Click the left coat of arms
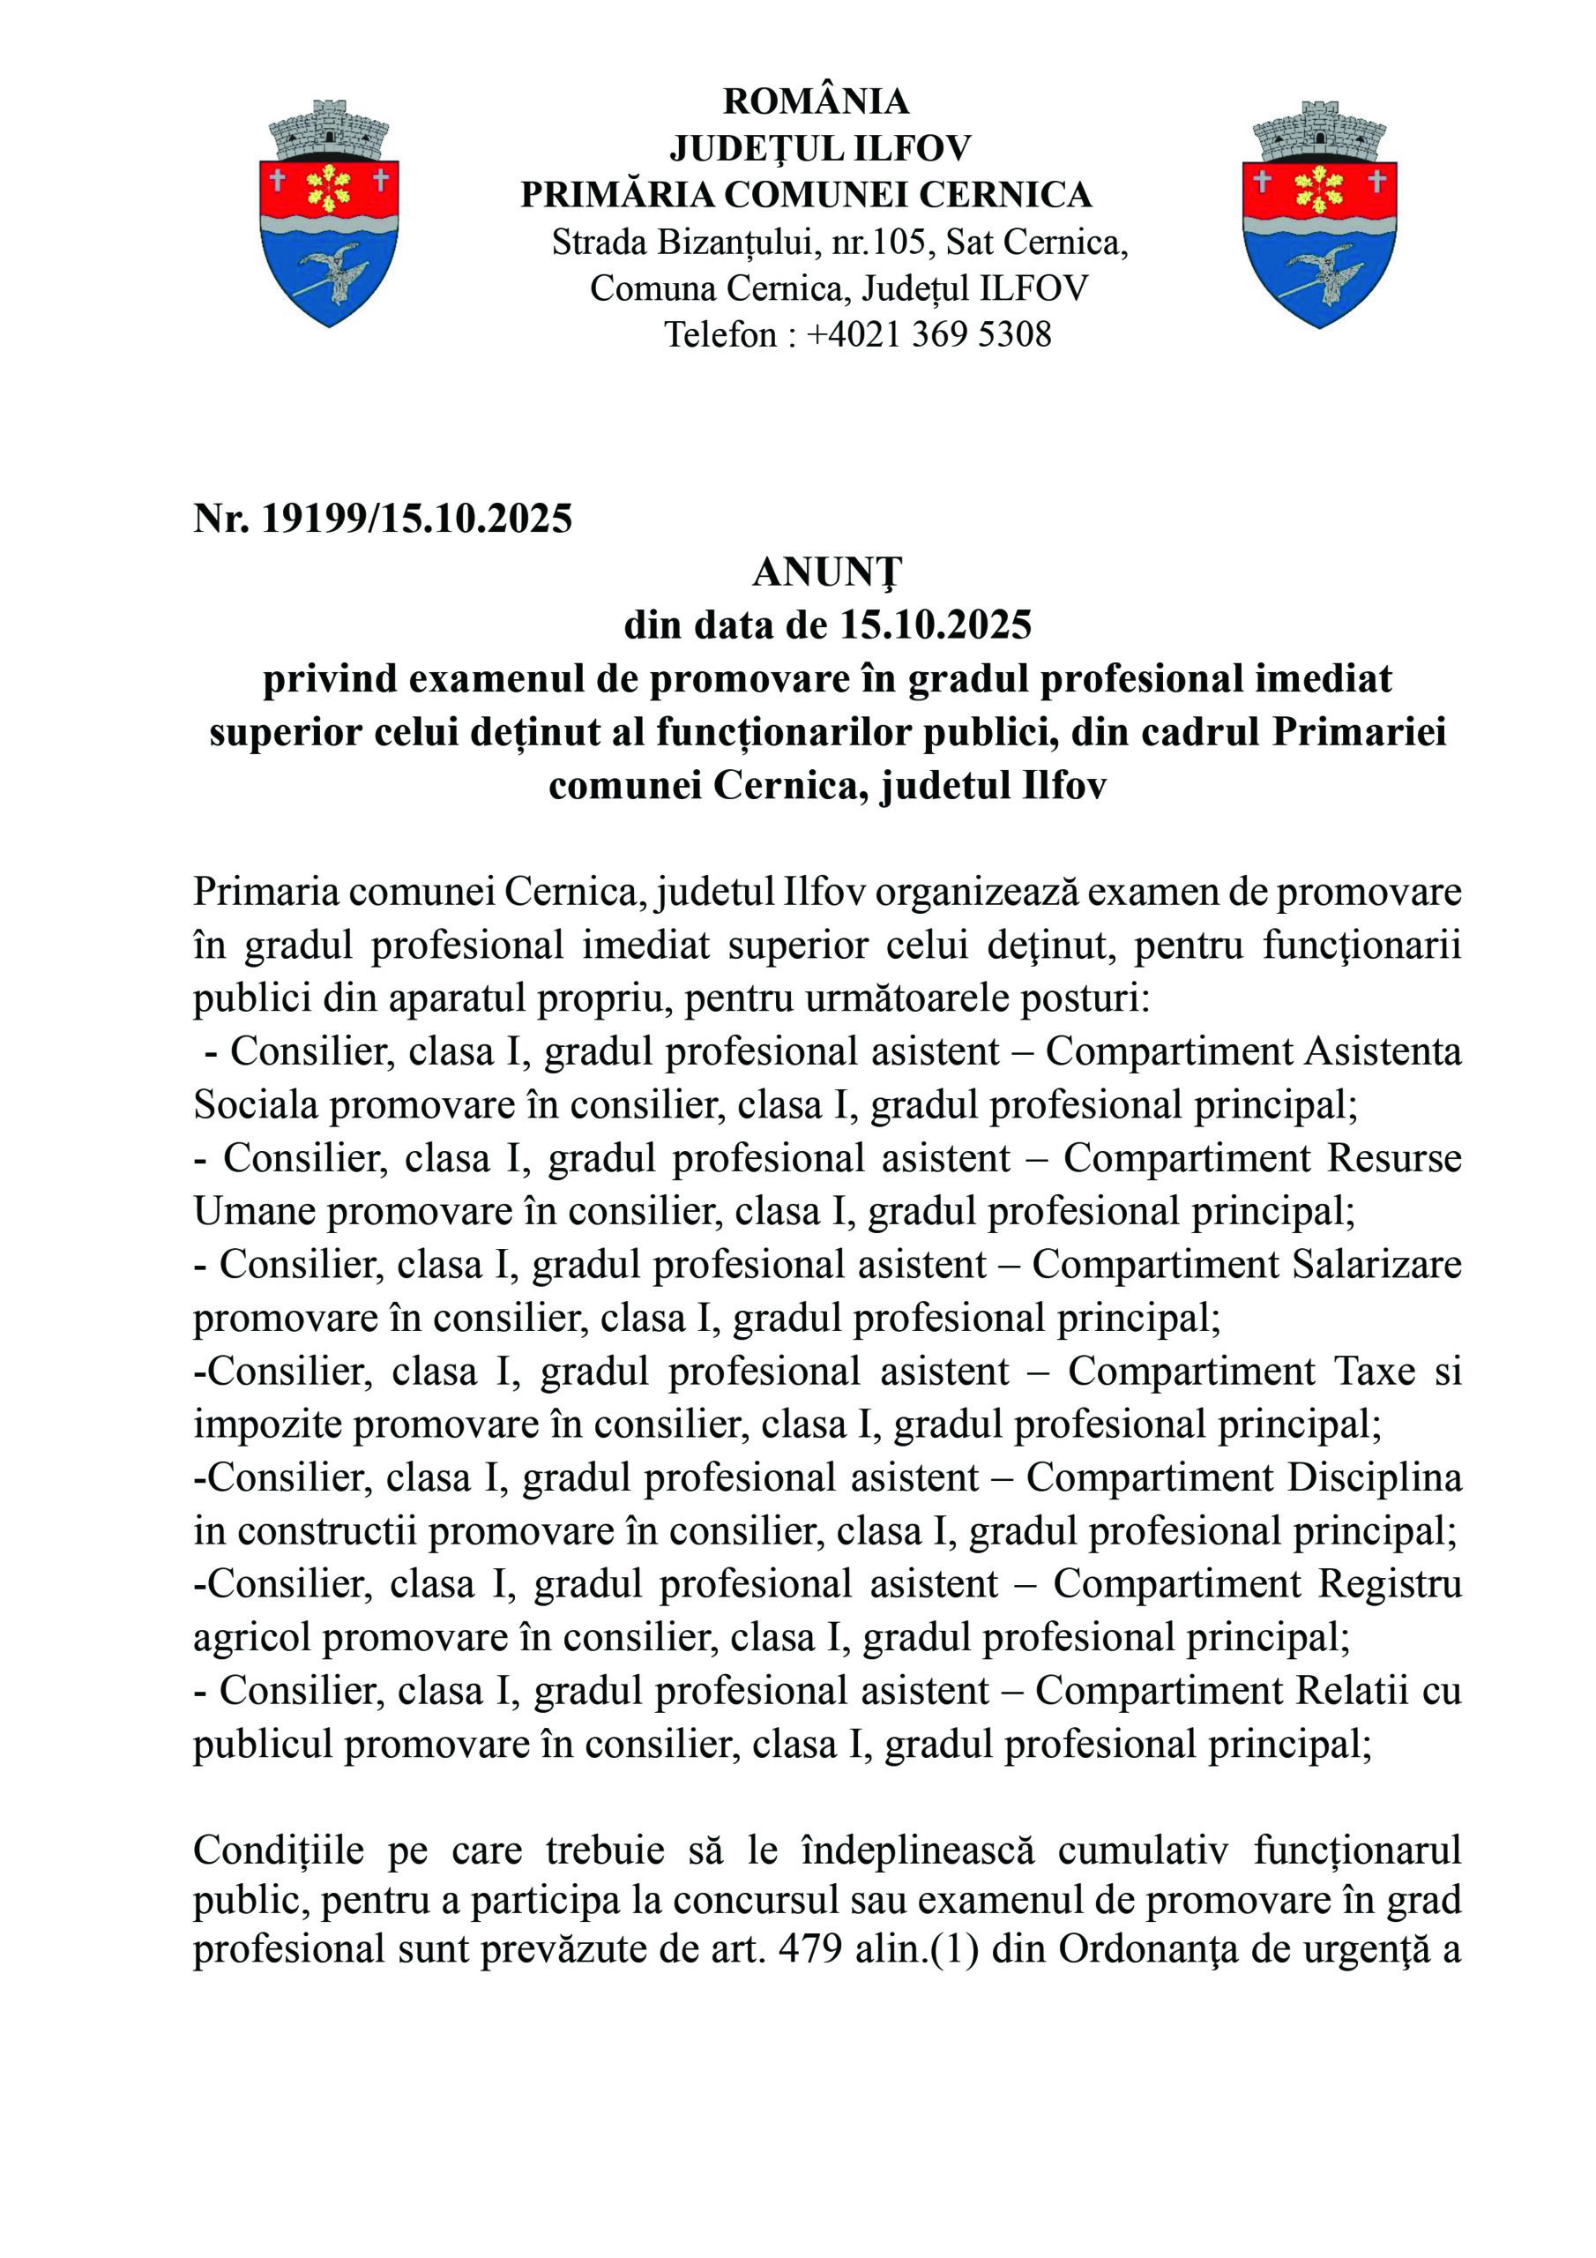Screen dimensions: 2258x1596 point(328,214)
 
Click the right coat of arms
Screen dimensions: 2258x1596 point(1320,214)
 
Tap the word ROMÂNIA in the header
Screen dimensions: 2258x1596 point(816,101)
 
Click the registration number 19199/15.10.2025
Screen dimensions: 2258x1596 point(416,519)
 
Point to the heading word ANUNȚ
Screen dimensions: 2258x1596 point(827,572)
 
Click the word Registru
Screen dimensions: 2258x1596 point(1389,1583)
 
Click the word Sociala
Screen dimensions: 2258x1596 point(255,1105)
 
